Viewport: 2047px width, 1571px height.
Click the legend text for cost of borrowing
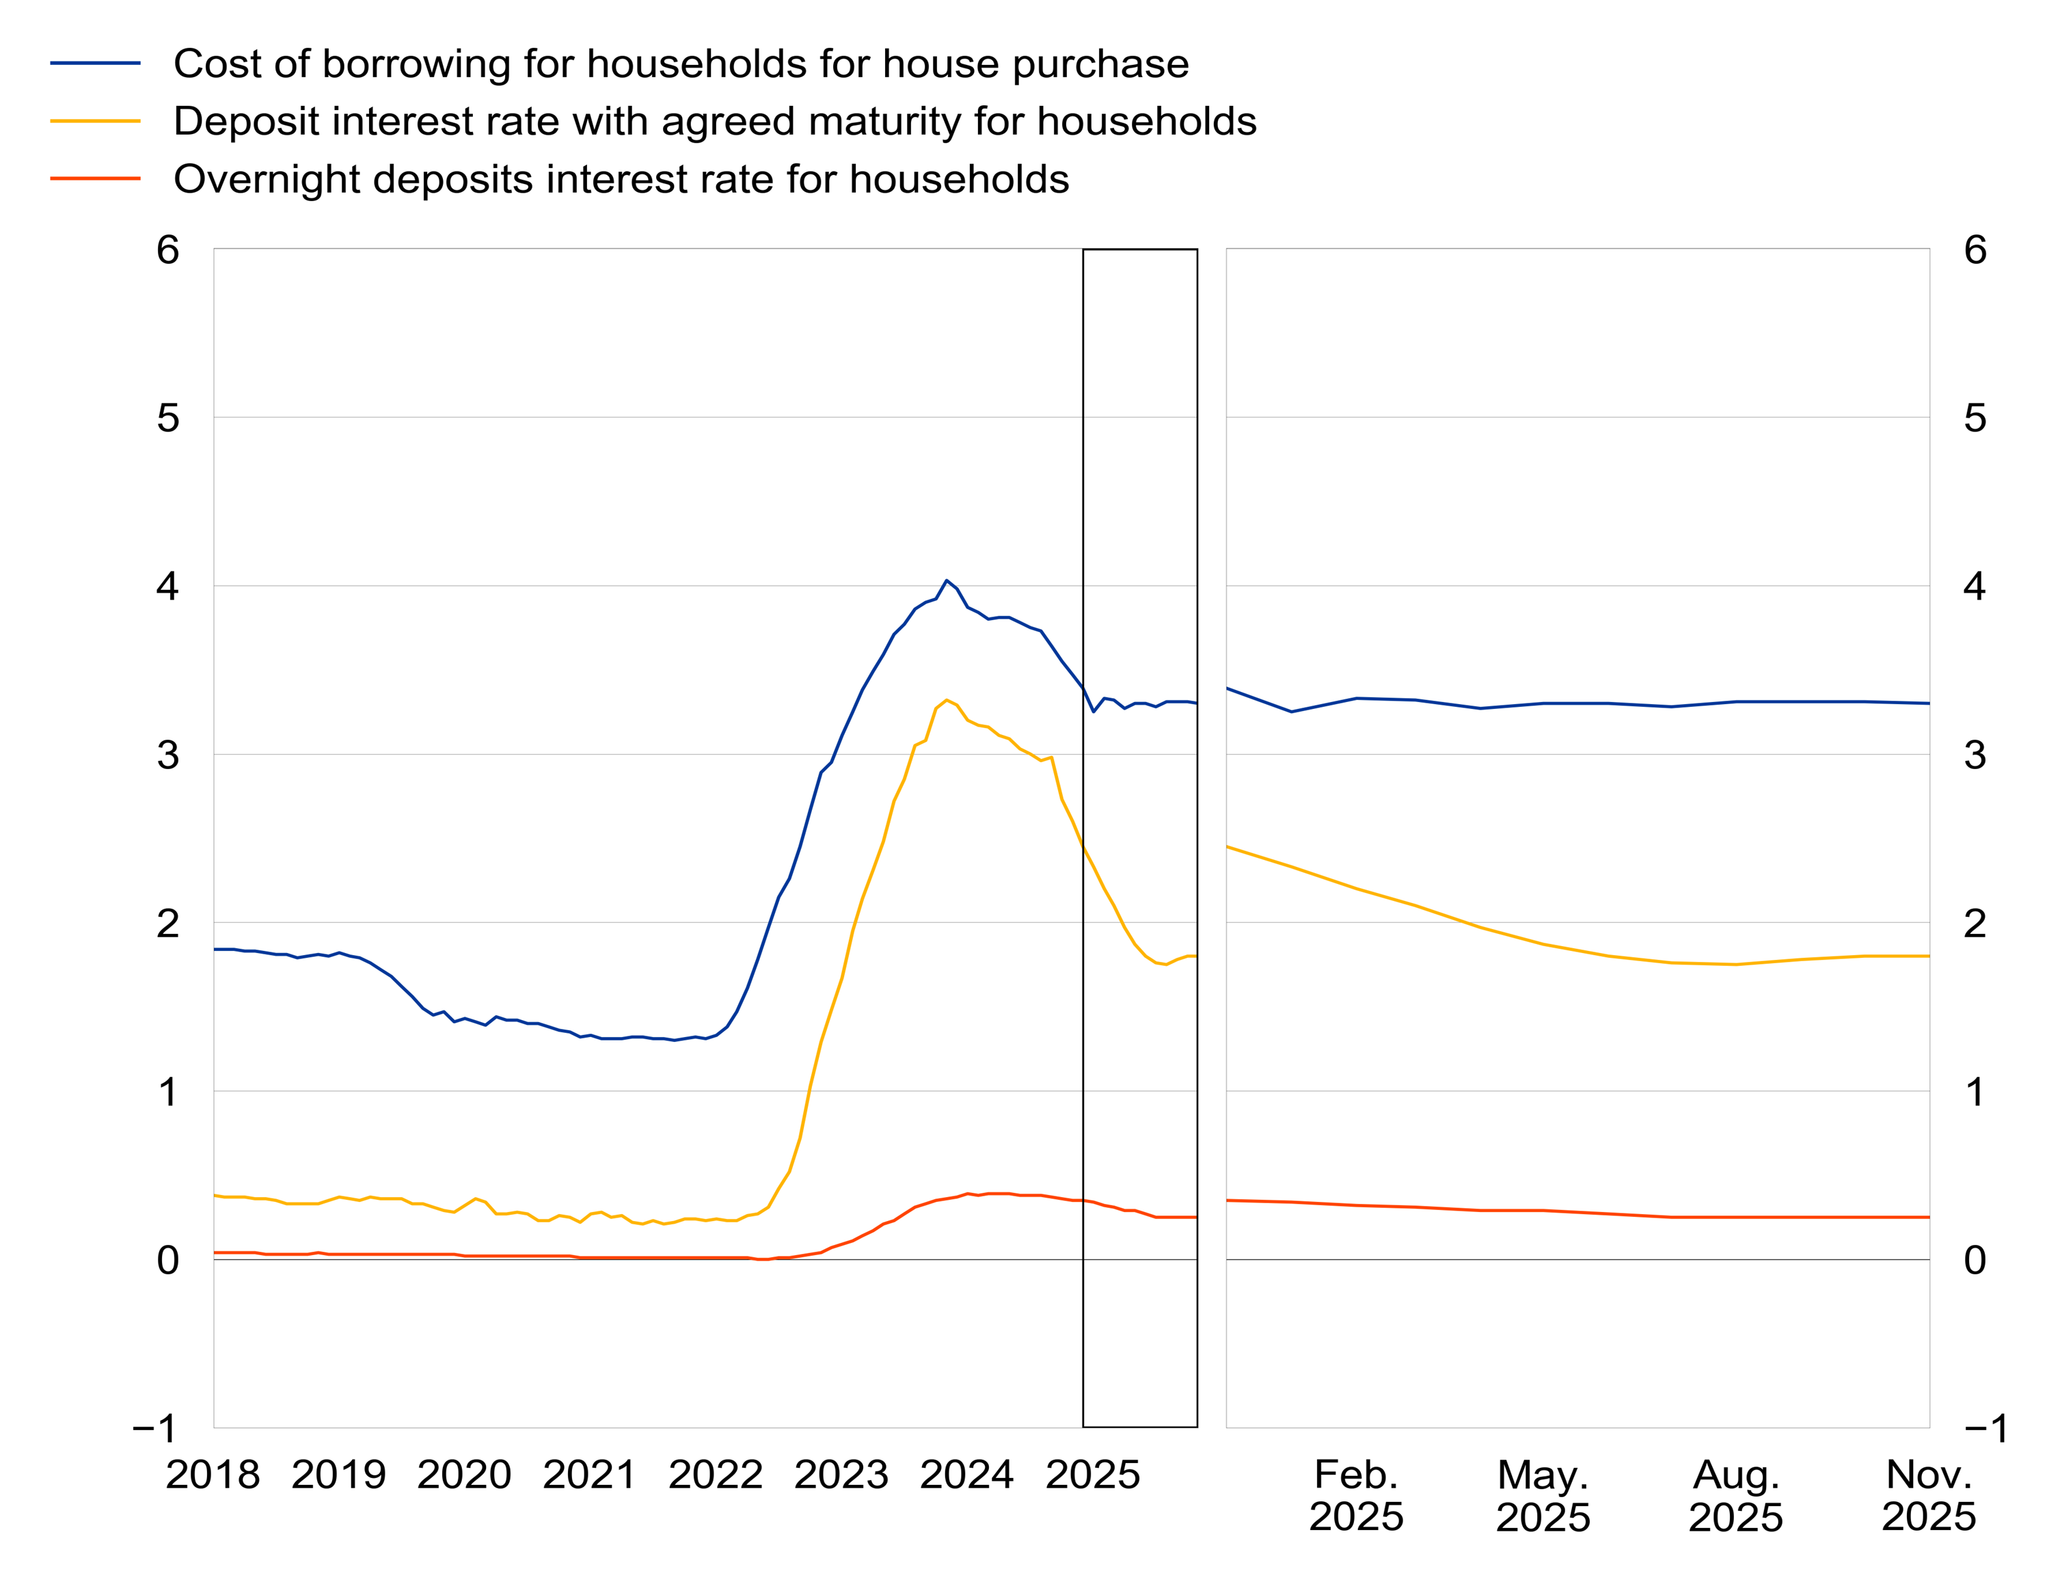point(681,64)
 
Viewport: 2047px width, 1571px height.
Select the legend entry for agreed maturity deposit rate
point(714,122)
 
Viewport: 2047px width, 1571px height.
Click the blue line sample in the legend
point(95,64)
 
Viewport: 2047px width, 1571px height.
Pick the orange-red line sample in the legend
point(95,178)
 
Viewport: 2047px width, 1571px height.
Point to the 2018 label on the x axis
point(213,1475)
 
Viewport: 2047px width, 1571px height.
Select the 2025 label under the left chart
point(1093,1475)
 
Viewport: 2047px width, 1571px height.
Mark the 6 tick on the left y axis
point(168,250)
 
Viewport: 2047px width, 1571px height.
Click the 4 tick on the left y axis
point(168,587)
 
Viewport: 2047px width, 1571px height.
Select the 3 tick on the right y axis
point(1975,755)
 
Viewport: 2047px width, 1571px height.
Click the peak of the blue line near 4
point(947,580)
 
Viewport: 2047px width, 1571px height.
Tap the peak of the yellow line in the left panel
point(947,699)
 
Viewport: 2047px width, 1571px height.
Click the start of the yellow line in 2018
point(216,1195)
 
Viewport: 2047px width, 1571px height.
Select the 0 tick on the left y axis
point(168,1260)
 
